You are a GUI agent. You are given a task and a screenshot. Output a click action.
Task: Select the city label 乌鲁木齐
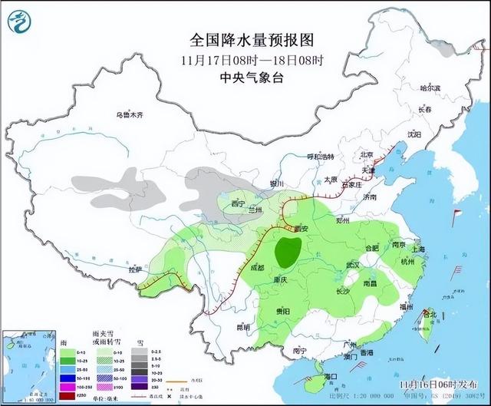(x=130, y=115)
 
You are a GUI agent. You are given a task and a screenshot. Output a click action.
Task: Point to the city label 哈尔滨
(x=430, y=89)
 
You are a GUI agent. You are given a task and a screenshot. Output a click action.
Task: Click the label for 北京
(x=371, y=154)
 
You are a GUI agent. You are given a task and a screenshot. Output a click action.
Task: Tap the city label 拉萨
(x=136, y=270)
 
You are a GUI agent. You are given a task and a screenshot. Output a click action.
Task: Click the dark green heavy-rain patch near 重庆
(x=288, y=251)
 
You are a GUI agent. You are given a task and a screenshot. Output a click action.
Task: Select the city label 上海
(x=418, y=249)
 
